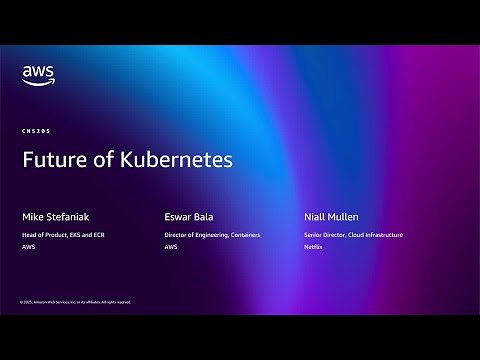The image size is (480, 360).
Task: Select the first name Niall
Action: [317, 215]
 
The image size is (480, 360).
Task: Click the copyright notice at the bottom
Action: [75, 301]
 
